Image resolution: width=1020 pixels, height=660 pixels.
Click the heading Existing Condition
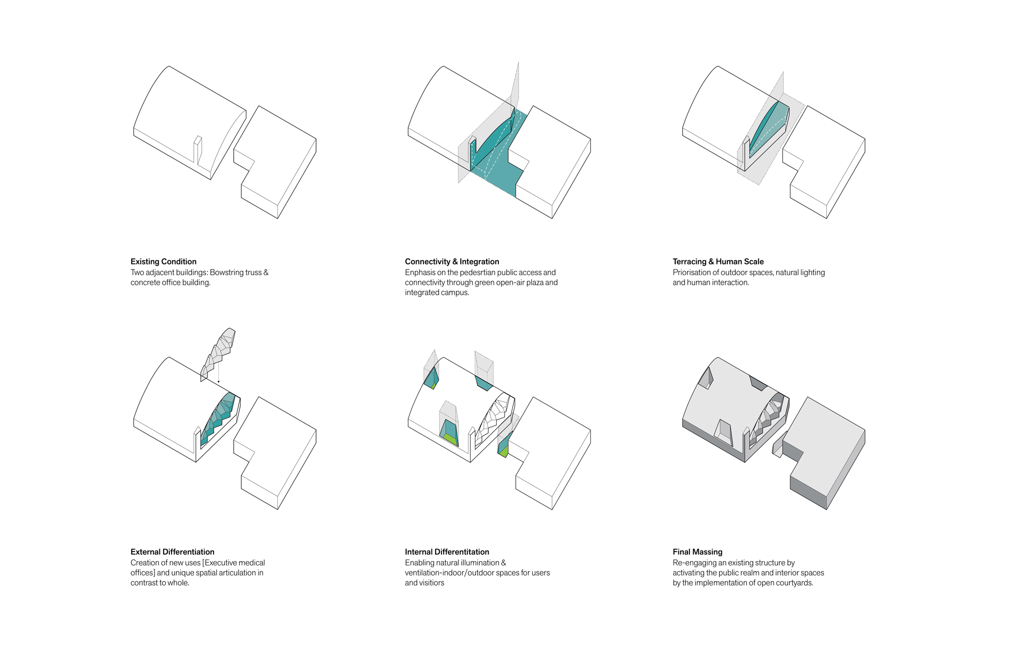click(164, 261)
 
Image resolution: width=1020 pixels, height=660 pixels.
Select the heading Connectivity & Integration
click(452, 261)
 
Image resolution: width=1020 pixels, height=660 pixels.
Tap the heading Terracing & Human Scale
click(718, 261)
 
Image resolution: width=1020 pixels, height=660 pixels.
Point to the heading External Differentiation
click(173, 552)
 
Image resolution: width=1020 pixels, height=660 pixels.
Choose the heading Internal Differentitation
click(447, 552)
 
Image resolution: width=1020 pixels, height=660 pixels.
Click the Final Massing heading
click(698, 552)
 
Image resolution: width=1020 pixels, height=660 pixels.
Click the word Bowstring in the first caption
click(227, 273)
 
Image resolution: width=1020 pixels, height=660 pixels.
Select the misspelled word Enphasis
click(420, 273)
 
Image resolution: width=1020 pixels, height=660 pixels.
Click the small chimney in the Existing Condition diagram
click(198, 149)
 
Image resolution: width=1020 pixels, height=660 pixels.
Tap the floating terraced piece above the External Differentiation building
click(218, 354)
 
